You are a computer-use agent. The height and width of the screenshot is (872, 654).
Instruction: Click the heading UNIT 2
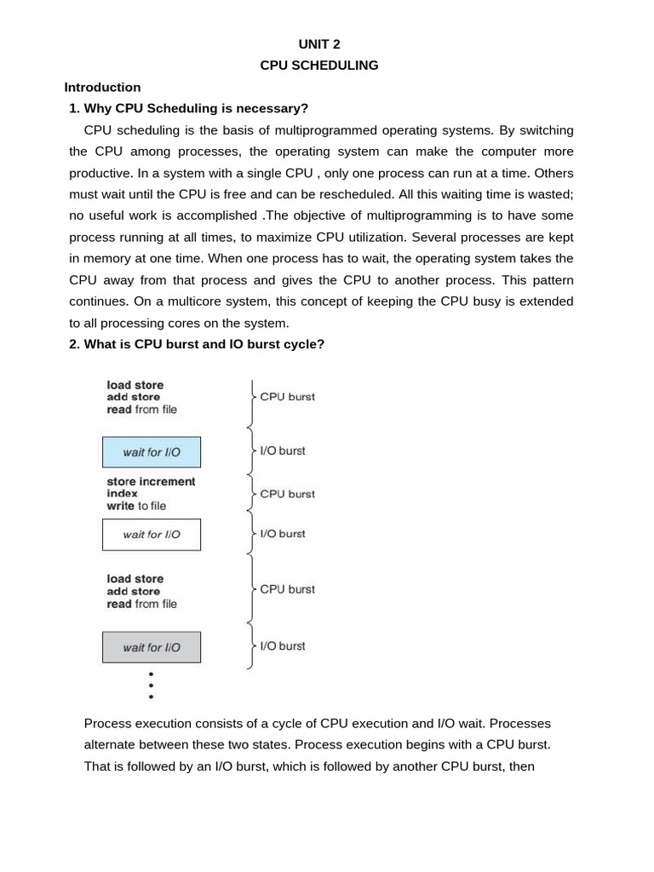pyautogui.click(x=319, y=43)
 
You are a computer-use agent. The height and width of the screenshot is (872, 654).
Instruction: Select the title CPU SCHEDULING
pyautogui.click(x=319, y=65)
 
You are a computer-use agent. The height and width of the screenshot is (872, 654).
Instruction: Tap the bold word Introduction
pyautogui.click(x=102, y=87)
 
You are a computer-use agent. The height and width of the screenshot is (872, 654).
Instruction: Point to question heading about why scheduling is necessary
pyautogui.click(x=188, y=108)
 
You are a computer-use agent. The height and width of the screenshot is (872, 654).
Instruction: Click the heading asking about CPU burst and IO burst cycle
pyautogui.click(x=196, y=344)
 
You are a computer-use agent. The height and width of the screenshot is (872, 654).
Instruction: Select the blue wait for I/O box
pyautogui.click(x=152, y=452)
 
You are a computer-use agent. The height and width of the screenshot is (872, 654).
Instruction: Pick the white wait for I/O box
pyautogui.click(x=152, y=535)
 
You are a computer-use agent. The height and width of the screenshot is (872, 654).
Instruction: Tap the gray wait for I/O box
pyautogui.click(x=152, y=647)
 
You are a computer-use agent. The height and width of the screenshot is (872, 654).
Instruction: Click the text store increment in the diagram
pyautogui.click(x=151, y=481)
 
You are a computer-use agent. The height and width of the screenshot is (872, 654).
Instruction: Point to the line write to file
pyautogui.click(x=136, y=506)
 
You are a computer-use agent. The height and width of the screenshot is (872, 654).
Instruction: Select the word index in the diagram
pyautogui.click(x=122, y=493)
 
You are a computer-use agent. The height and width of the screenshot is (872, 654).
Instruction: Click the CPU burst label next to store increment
pyautogui.click(x=287, y=494)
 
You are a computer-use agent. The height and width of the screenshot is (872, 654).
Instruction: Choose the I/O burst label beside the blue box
pyautogui.click(x=282, y=450)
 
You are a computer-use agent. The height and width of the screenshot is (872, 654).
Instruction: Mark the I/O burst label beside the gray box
pyautogui.click(x=282, y=645)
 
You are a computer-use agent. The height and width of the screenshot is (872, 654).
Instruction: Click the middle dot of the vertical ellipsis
pyautogui.click(x=152, y=685)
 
